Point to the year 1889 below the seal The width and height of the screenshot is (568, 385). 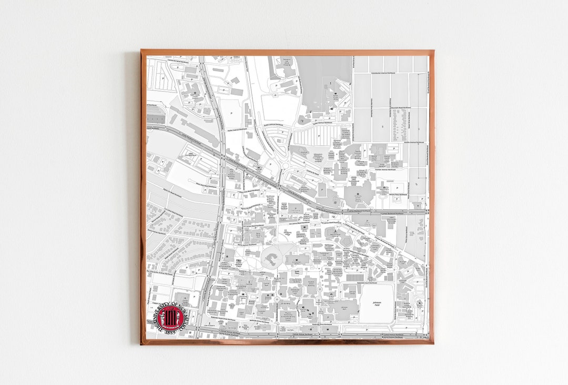(170, 332)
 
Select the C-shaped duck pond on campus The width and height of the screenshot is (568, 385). (271, 258)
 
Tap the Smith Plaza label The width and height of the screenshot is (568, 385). (297, 272)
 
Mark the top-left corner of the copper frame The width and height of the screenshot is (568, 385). (141, 51)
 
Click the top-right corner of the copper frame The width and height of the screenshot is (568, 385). (433, 51)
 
